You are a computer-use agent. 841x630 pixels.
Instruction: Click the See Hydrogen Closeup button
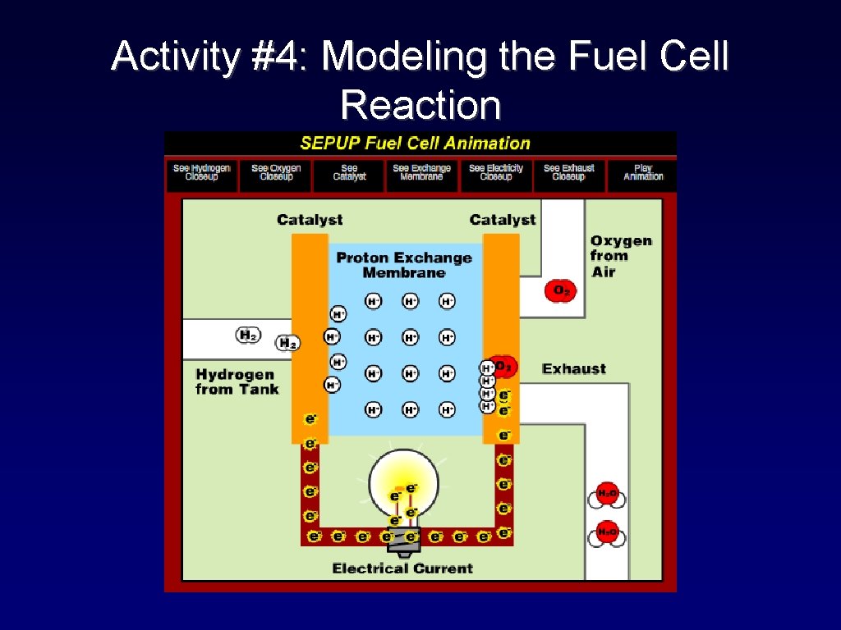coord(202,172)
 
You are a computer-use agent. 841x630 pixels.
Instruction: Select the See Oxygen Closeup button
coord(276,172)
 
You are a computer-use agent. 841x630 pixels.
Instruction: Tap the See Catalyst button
coord(350,172)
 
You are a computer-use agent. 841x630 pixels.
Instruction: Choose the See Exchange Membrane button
coord(421,172)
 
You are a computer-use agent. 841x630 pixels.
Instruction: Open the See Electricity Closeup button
coord(495,172)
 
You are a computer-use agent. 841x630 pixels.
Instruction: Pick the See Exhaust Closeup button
coord(568,172)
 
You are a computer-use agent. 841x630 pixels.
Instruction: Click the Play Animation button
coord(642,172)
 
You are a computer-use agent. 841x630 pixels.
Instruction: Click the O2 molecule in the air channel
coord(561,290)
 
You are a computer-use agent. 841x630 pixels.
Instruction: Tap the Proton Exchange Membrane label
coord(404,265)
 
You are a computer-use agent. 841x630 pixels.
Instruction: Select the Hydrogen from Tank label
coord(237,381)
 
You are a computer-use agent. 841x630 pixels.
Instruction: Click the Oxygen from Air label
coord(620,255)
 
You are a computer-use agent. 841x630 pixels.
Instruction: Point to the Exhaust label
coord(573,369)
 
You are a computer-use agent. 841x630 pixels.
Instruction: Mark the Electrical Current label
coord(402,568)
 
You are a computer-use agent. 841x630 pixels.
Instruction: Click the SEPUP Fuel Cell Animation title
coord(415,144)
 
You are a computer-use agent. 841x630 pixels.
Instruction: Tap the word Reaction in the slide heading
coord(420,105)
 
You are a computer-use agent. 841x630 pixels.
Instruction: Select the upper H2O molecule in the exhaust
coord(607,494)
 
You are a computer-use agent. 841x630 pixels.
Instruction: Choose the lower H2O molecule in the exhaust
coord(607,533)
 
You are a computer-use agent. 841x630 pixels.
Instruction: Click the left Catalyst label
coord(310,220)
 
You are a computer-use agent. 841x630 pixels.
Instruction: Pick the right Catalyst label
coord(502,220)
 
